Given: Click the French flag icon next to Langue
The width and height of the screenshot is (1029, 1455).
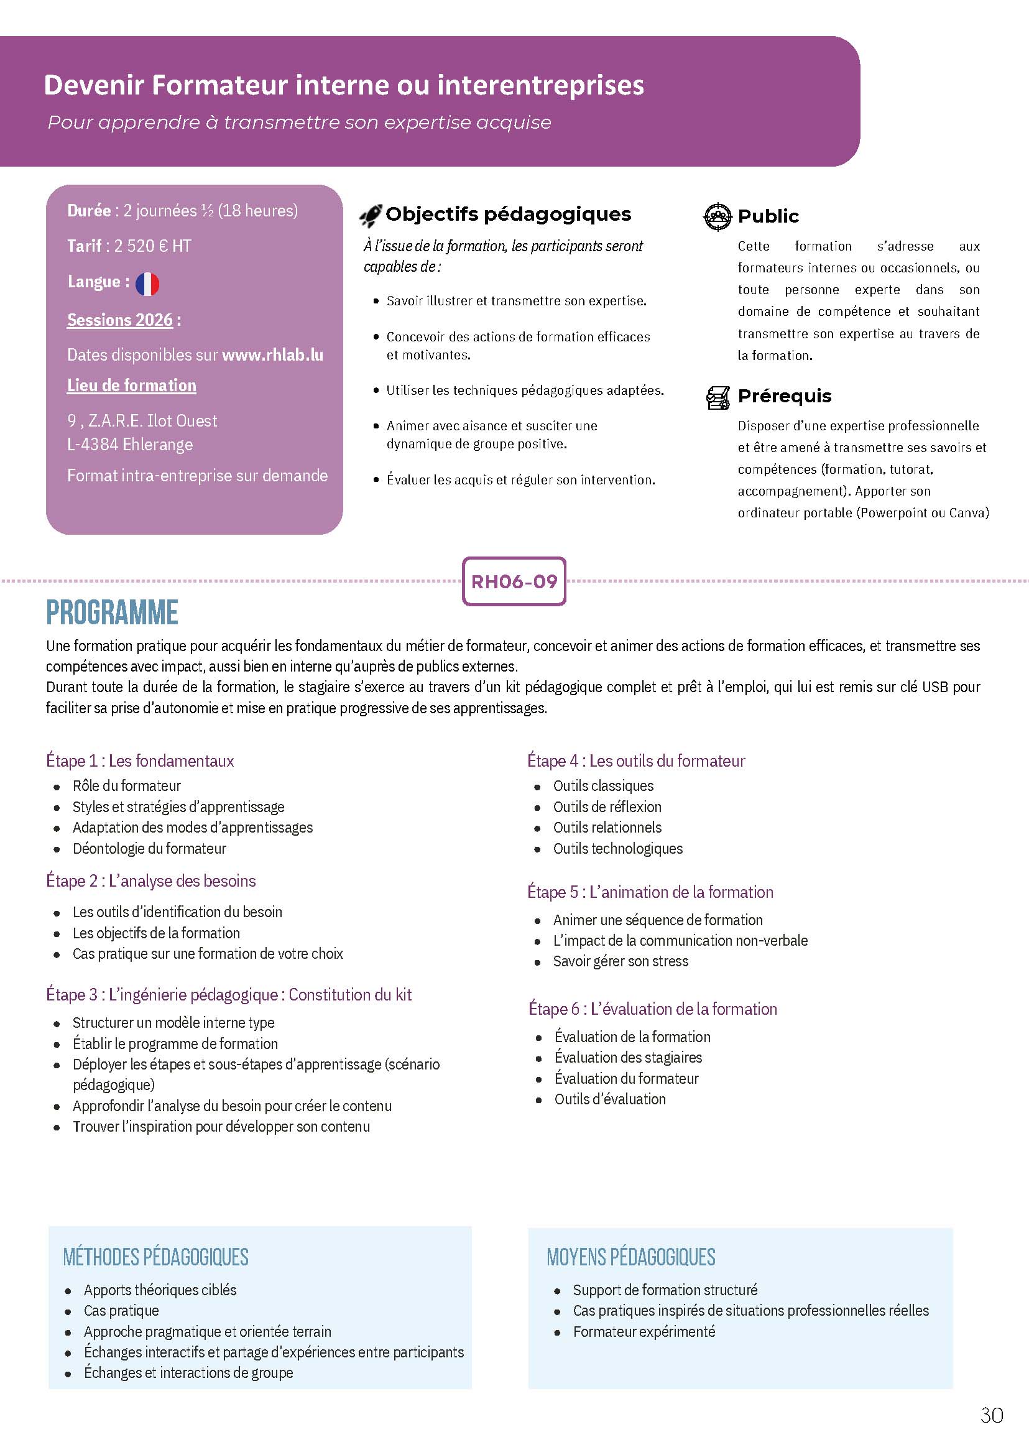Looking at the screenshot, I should coord(147,284).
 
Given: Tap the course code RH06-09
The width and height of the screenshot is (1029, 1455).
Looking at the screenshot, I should coord(514,582).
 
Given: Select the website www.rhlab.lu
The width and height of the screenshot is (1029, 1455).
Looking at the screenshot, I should coord(272,355).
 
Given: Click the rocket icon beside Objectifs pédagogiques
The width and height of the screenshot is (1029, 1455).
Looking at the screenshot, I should coord(371,216).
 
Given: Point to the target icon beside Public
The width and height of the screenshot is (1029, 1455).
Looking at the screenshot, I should coord(718,217).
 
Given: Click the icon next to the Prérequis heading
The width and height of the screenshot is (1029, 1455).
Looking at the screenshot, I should coord(718,397).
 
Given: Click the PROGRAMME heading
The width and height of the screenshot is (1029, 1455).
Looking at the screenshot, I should coord(112,612).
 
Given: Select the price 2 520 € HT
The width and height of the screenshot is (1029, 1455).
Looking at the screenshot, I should coord(152,246).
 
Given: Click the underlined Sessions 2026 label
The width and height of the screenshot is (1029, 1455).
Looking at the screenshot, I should coord(120,320).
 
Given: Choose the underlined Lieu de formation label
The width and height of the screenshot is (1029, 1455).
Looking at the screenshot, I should coord(132,386).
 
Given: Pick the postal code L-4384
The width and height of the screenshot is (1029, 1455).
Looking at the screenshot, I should coord(93,444).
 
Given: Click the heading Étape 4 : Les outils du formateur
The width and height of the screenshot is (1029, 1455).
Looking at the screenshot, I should coord(635,760).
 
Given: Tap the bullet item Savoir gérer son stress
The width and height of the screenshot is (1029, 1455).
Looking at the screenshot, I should coord(621,961).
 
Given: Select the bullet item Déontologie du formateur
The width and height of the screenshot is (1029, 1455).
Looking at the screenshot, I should coord(149,849).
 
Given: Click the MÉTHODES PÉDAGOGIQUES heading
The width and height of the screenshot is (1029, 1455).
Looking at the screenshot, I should coord(156,1257).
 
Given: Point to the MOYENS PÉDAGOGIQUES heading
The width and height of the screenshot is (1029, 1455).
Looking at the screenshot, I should coord(630,1257).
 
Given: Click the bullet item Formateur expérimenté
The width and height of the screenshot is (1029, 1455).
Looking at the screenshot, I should coord(644,1331).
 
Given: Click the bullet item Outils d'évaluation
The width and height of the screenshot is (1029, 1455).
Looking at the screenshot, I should coord(609,1099).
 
